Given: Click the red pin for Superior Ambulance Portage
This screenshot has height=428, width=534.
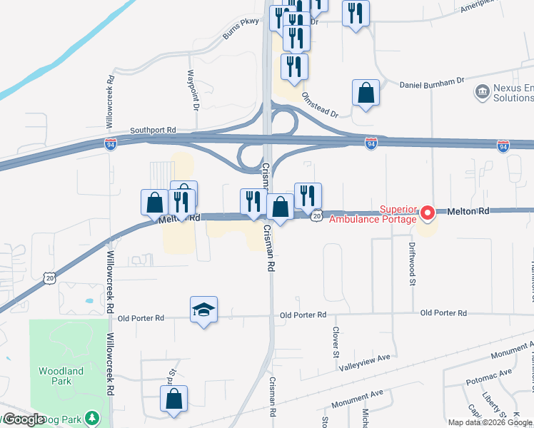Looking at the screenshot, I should point(428,213).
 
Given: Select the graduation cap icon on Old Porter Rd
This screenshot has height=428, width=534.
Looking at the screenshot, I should point(204,310).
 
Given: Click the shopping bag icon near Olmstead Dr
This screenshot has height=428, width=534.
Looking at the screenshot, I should point(366,93).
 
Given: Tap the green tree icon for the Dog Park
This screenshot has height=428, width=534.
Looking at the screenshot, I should point(91,417).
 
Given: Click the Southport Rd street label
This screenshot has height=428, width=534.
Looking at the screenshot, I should point(152,131).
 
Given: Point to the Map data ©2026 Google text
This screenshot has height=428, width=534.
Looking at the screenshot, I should point(490,422).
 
